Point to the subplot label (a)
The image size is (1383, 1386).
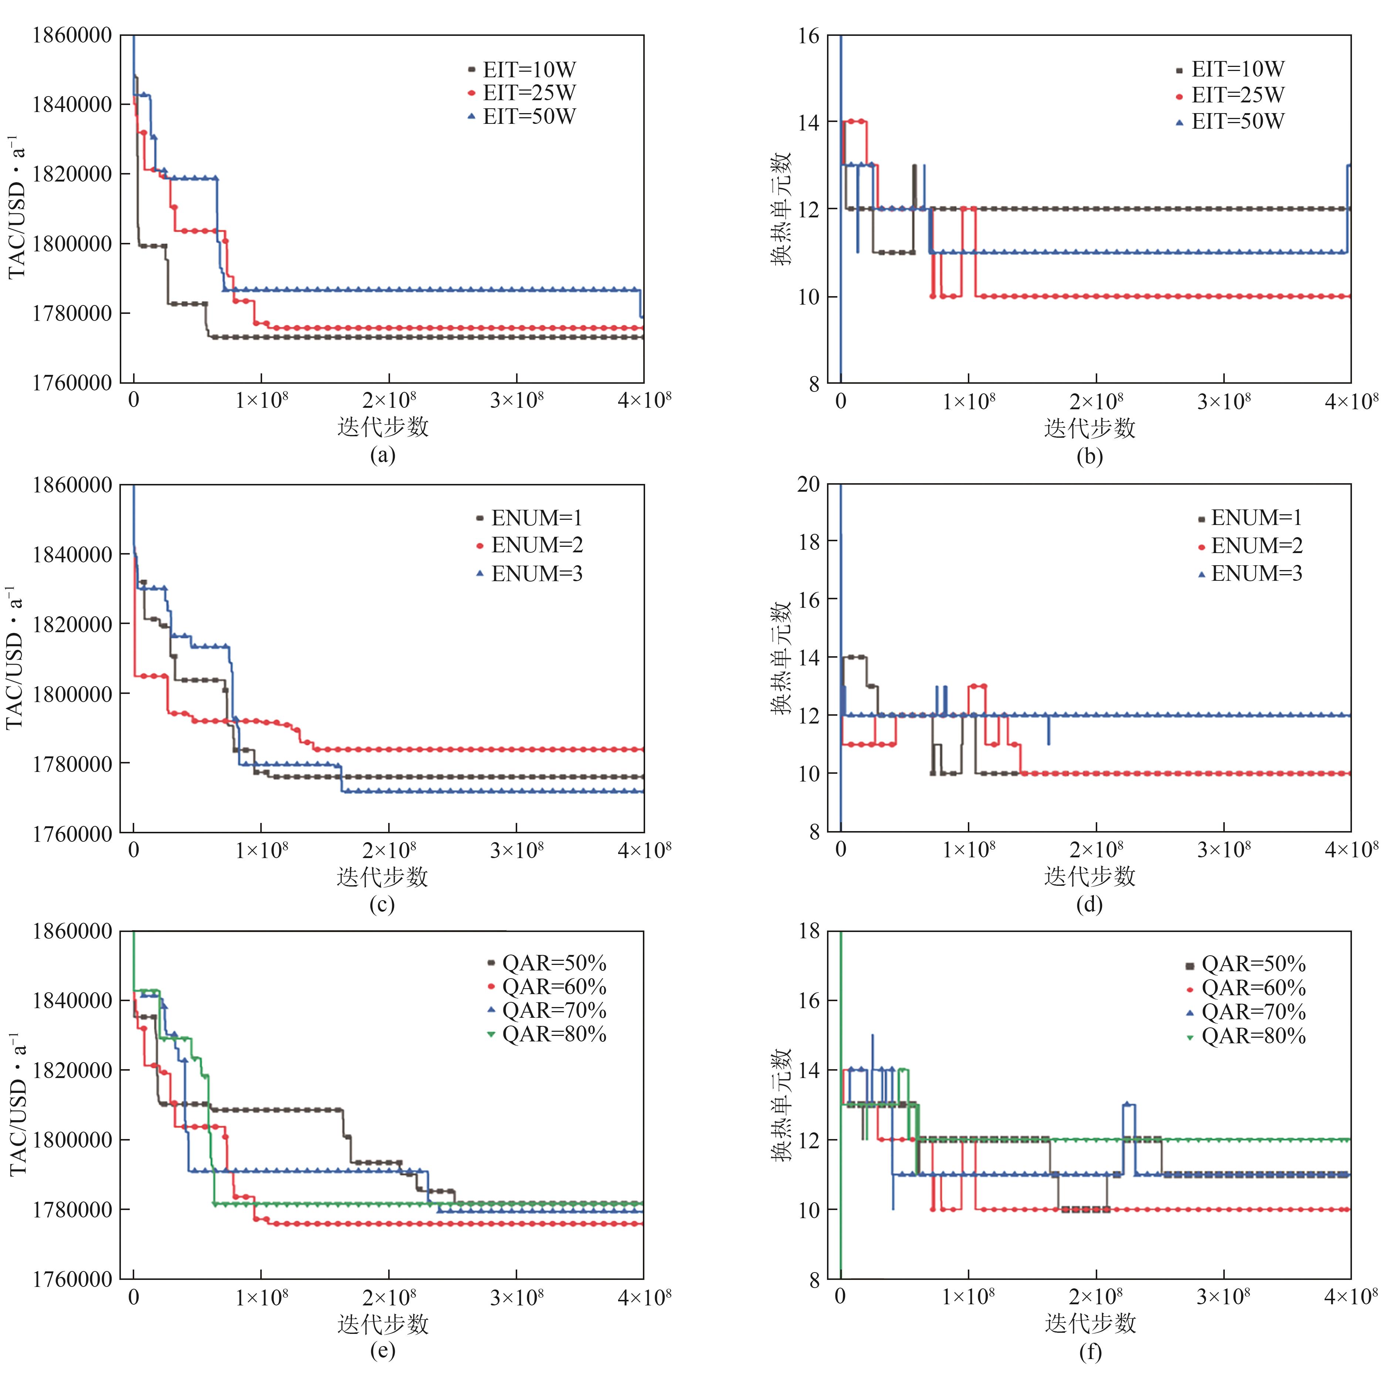point(382,455)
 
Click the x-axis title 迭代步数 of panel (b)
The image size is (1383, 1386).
point(1089,428)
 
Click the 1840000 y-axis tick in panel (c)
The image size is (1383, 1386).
point(72,555)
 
